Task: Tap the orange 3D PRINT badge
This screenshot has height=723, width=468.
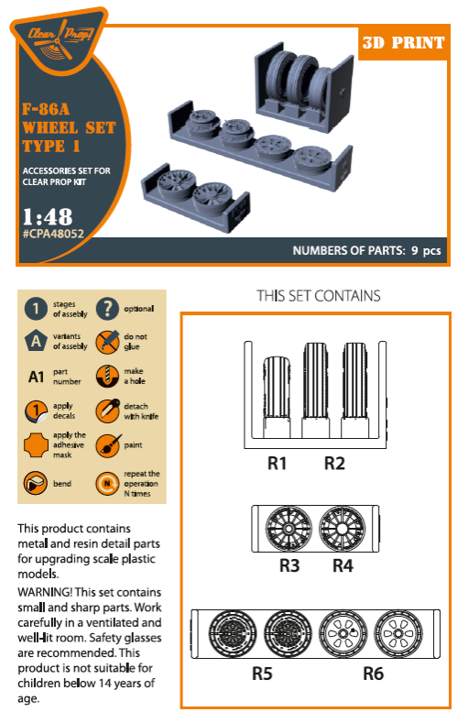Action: coord(403,43)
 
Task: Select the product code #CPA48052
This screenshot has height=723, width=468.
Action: coord(61,235)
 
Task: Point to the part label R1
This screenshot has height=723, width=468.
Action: coord(277,465)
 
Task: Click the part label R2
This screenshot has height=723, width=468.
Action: coord(334,465)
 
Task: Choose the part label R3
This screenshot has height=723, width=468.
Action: coord(289,565)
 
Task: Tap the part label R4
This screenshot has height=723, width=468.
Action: coord(343,565)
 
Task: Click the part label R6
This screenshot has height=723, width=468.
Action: coord(374,674)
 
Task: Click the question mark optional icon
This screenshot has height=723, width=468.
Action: coord(107,308)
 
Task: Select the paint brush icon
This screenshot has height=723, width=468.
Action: coord(107,446)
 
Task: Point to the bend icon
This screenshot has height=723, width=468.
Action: coord(35,481)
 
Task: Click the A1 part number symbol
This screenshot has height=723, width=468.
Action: coord(35,377)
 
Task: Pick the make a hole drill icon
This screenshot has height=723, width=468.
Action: coord(107,377)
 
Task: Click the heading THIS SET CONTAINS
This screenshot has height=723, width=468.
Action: coord(318,296)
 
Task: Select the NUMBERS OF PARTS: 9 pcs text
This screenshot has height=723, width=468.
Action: coord(366,250)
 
